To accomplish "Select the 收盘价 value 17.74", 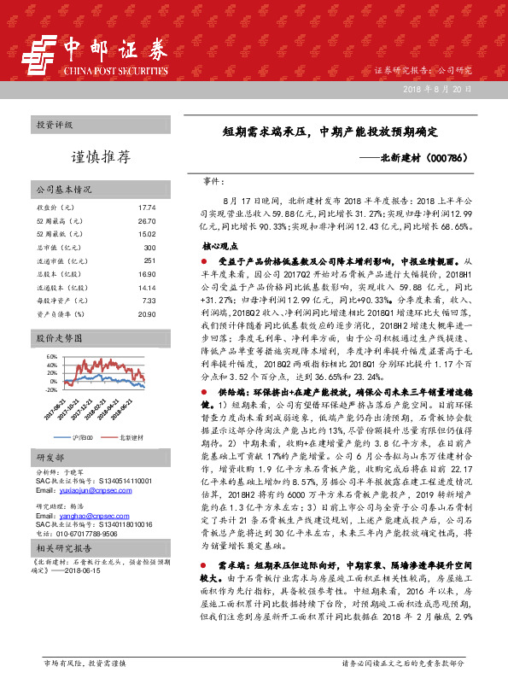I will (147, 208).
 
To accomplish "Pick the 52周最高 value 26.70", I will (147, 220).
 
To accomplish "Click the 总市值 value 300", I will (149, 247).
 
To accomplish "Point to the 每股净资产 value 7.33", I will (149, 301).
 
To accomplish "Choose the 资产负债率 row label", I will (59, 314).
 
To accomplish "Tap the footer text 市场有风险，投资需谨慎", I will (84, 662).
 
